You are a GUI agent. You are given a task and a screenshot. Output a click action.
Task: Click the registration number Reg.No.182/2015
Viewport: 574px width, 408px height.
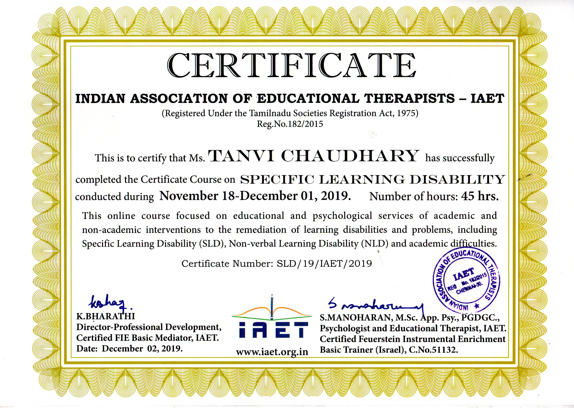click(x=290, y=124)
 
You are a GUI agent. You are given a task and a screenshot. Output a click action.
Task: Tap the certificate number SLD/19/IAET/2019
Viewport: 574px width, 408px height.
click(x=324, y=263)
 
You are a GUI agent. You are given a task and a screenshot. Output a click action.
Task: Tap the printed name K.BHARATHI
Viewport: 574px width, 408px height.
click(x=106, y=316)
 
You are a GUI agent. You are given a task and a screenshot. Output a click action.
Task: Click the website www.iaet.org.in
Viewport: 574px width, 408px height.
click(x=272, y=352)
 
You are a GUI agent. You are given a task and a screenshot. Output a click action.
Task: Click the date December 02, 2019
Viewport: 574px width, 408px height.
click(x=142, y=348)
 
